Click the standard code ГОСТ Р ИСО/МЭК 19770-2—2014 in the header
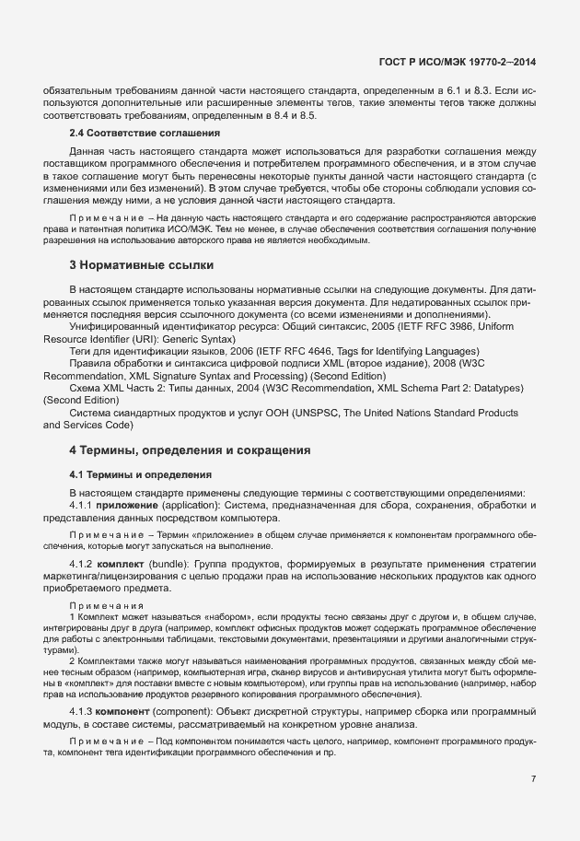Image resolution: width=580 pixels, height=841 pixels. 458,62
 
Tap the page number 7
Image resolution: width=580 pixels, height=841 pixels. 533,778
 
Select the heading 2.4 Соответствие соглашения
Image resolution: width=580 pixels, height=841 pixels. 145,134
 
